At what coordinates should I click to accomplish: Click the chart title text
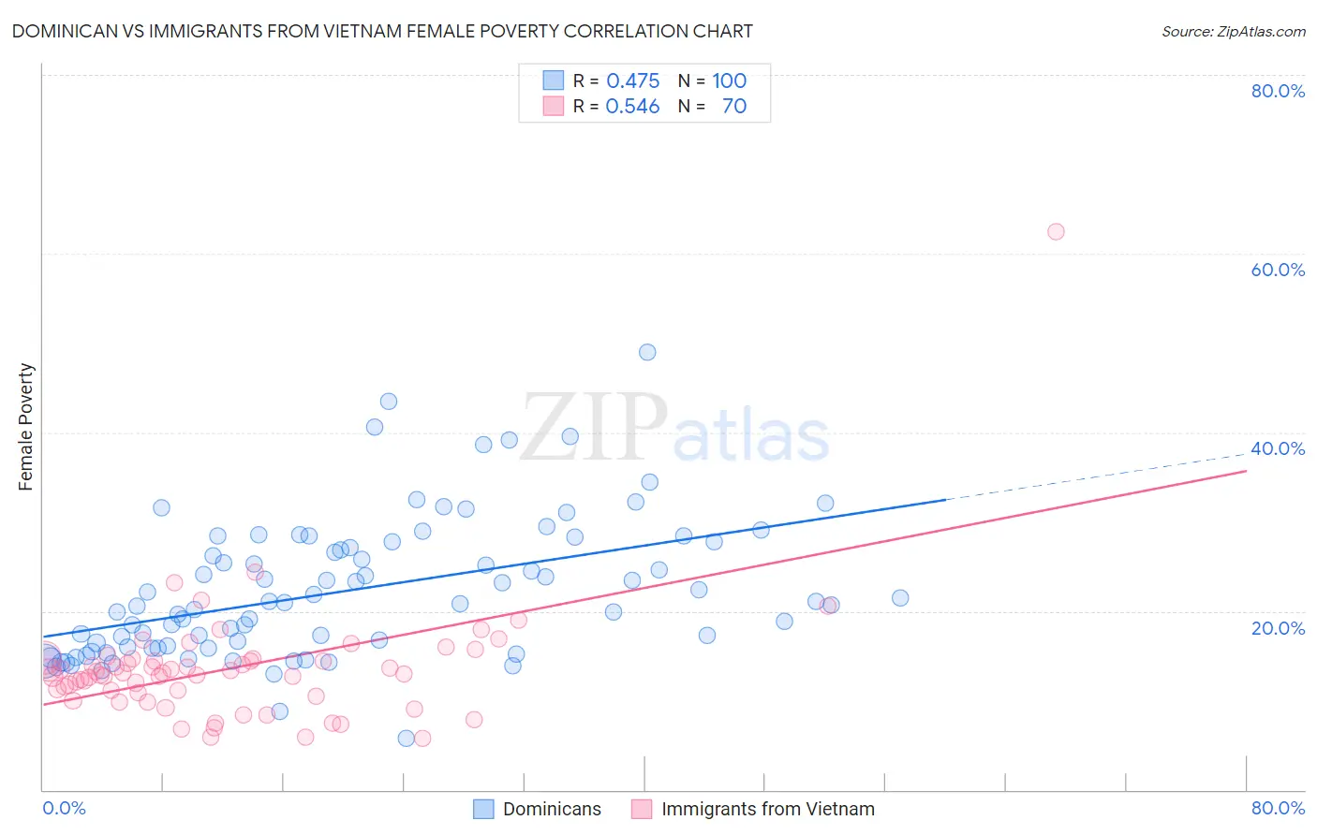(x=382, y=31)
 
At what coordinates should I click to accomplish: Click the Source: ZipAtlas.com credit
(x=1233, y=31)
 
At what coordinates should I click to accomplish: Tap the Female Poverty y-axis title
(x=25, y=427)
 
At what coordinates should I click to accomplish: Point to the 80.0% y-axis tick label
(x=1278, y=91)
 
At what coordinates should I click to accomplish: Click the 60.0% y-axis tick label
(x=1278, y=270)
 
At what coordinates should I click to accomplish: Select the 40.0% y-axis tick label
(x=1278, y=448)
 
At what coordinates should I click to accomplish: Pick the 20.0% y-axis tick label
(x=1278, y=627)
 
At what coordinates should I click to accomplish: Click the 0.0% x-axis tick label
(x=64, y=808)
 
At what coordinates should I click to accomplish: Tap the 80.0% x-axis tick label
(x=1278, y=808)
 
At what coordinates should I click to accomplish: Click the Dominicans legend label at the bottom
(x=552, y=809)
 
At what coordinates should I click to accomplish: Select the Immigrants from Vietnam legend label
(x=767, y=809)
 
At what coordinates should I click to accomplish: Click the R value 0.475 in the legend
(x=633, y=81)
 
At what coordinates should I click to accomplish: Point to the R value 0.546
(x=633, y=107)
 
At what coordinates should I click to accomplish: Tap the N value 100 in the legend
(x=729, y=81)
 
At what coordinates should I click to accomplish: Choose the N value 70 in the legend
(x=734, y=107)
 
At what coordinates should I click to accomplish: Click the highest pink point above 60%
(x=1056, y=231)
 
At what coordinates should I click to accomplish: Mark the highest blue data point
(x=647, y=352)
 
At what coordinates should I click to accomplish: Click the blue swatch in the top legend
(x=554, y=81)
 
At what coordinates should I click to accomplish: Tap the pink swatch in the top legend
(x=554, y=106)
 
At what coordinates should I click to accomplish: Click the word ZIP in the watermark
(x=594, y=427)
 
